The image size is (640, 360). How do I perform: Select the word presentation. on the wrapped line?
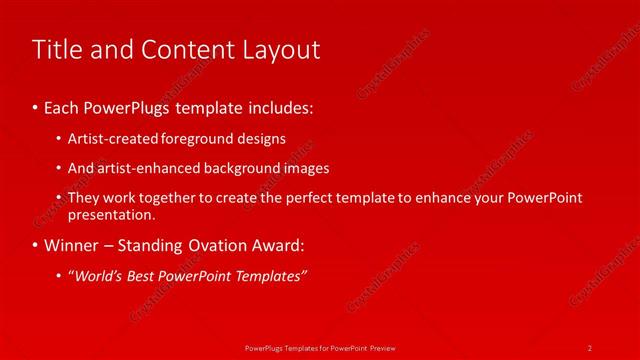click(x=111, y=214)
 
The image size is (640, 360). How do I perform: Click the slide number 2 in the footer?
click(x=590, y=346)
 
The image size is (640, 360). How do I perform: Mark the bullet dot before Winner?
click(x=35, y=245)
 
